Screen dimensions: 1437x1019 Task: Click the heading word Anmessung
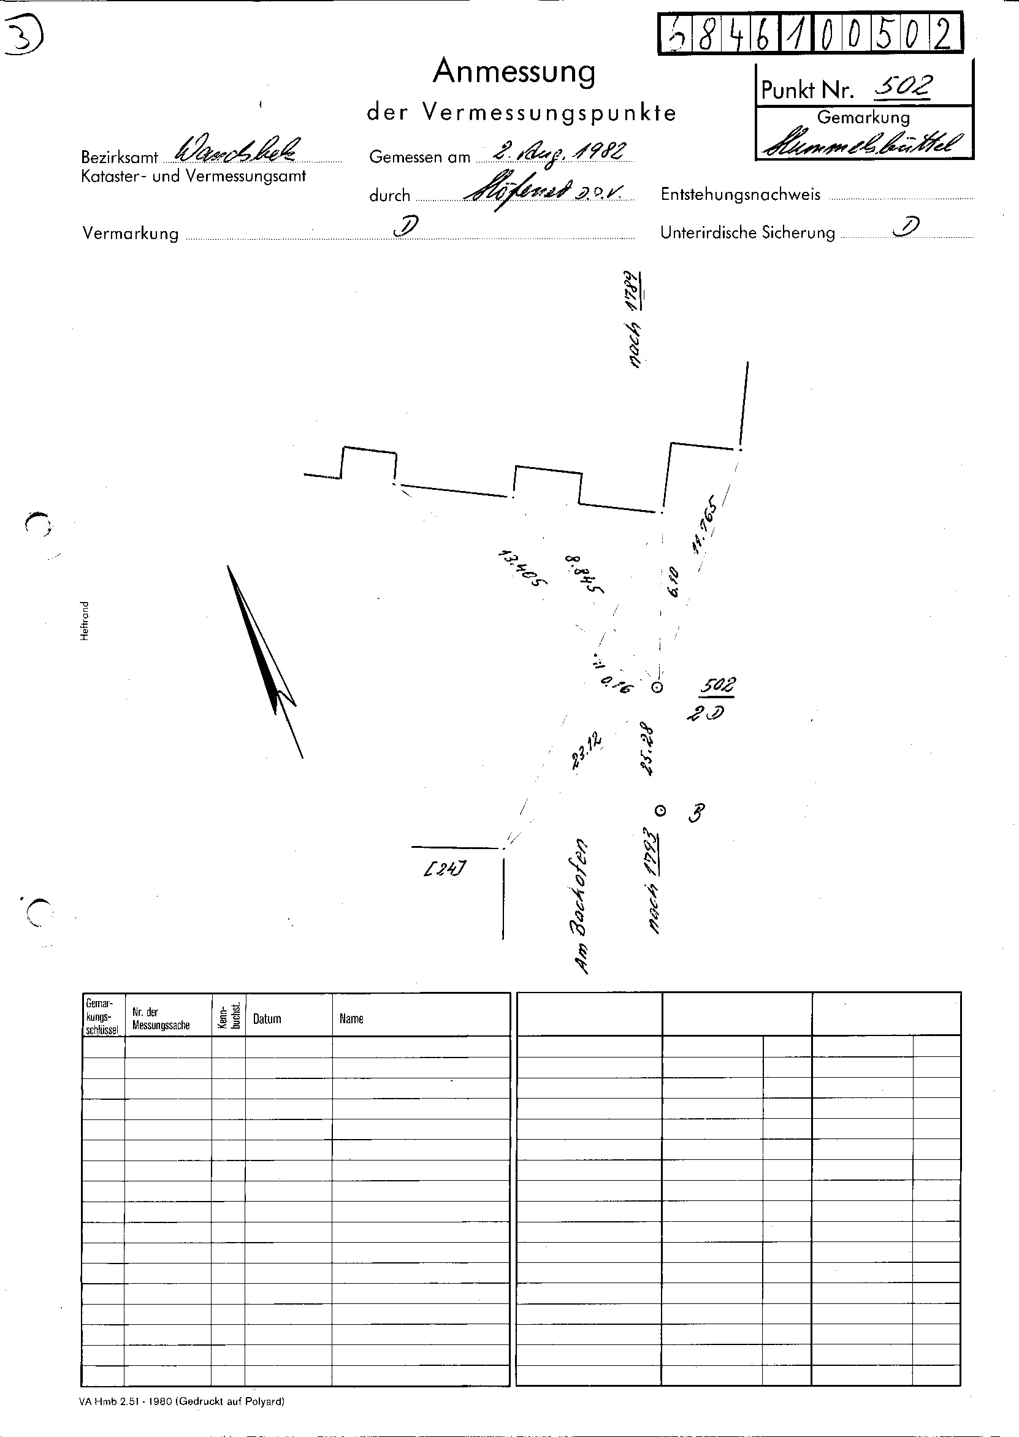tap(514, 72)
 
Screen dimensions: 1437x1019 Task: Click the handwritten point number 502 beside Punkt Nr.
tap(903, 88)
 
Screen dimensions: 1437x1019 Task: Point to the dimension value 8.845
tap(584, 574)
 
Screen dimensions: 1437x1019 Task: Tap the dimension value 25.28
tap(647, 750)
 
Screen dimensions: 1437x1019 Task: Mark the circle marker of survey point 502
tap(657, 687)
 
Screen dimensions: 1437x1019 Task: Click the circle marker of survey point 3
tap(660, 811)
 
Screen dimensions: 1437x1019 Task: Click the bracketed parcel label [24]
tap(445, 869)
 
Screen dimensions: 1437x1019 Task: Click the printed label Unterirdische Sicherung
tap(747, 233)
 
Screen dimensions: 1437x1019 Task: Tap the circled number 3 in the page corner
tap(21, 37)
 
